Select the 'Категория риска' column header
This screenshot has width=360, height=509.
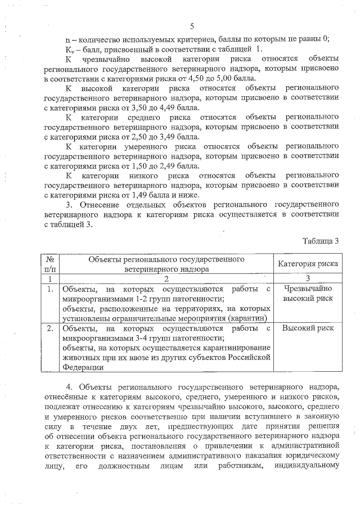[308, 263]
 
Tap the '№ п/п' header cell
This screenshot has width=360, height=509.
[50, 264]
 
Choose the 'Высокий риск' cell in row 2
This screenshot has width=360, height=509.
[308, 327]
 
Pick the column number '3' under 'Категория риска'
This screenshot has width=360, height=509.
[308, 278]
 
